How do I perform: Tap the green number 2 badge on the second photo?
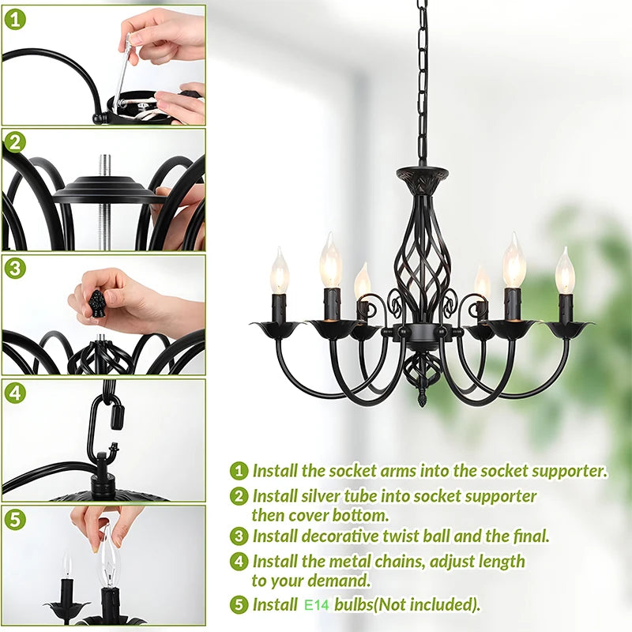15,142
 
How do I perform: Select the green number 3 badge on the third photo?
15,268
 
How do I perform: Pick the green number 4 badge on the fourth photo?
15,393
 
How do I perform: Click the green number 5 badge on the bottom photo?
15,519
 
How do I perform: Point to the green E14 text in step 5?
318,606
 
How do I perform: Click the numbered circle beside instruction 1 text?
239,472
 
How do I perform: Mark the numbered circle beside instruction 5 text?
239,606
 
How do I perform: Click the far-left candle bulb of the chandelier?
280,272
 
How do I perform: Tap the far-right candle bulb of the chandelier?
565,272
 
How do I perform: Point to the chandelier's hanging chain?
423,79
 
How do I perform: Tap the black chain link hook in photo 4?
103,431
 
